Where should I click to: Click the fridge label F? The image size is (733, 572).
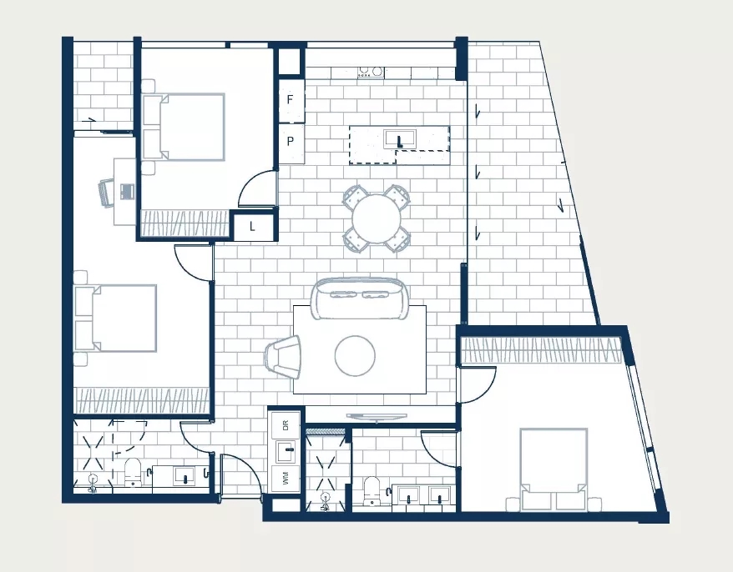pyautogui.click(x=291, y=99)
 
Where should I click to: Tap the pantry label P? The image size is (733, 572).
pyautogui.click(x=291, y=141)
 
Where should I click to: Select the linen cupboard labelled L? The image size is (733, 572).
pyautogui.click(x=253, y=228)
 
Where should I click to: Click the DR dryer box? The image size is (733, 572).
pyautogui.click(x=286, y=425)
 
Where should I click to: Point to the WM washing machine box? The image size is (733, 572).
pyautogui.click(x=286, y=478)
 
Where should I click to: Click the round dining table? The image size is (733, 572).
pyautogui.click(x=377, y=218)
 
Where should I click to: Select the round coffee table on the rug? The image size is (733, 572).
pyautogui.click(x=355, y=355)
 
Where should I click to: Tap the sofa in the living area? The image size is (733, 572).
pyautogui.click(x=359, y=299)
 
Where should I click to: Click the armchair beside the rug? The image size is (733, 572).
pyautogui.click(x=283, y=356)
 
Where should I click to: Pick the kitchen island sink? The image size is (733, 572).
pyautogui.click(x=400, y=139)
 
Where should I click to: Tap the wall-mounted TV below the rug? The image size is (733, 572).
pyautogui.click(x=377, y=417)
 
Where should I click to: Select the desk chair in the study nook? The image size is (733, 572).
pyautogui.click(x=106, y=193)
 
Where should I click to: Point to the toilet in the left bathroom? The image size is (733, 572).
pyautogui.click(x=133, y=472)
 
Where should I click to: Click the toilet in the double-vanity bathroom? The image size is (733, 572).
pyautogui.click(x=372, y=491)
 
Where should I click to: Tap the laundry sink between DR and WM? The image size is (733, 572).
pyautogui.click(x=286, y=451)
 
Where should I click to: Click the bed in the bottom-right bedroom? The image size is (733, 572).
pyautogui.click(x=554, y=469)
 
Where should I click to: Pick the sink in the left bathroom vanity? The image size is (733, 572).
pyautogui.click(x=185, y=476)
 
